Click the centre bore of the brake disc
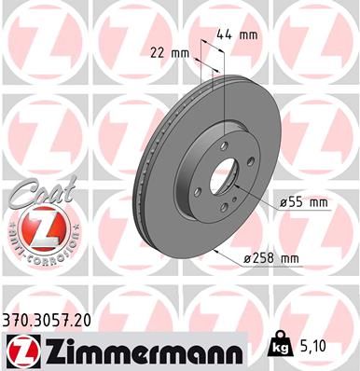click(x=224, y=177)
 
